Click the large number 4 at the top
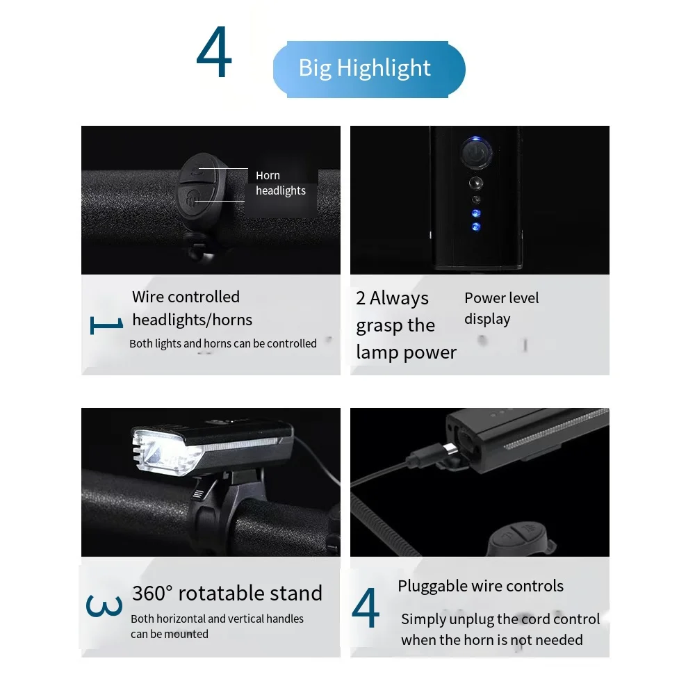tap(214, 54)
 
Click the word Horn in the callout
tap(268, 176)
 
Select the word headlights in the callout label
tap(280, 191)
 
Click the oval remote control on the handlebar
tap(197, 183)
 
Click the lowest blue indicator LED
tap(475, 227)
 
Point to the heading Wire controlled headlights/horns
tap(192, 308)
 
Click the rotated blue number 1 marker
tap(106, 324)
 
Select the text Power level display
tap(501, 308)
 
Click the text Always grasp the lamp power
tap(406, 325)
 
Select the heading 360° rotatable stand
tap(227, 593)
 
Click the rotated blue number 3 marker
tap(104, 605)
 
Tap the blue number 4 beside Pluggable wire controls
tap(366, 608)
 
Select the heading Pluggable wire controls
tap(480, 586)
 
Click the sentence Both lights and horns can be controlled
tap(222, 343)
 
